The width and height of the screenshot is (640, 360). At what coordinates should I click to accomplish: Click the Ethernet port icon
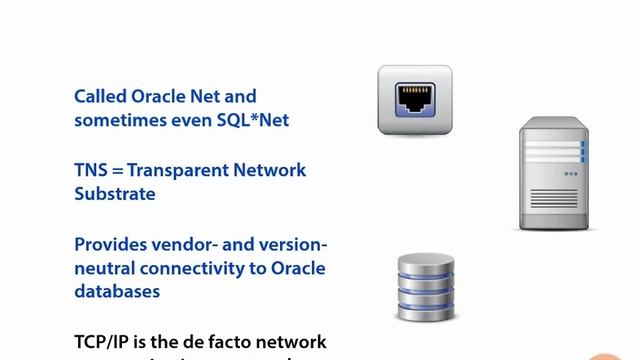(x=414, y=100)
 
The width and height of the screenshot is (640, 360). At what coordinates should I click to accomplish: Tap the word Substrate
(x=114, y=194)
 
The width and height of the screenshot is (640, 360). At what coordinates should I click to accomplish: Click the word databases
(x=117, y=292)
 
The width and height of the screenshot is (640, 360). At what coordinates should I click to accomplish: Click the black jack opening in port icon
(x=414, y=99)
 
